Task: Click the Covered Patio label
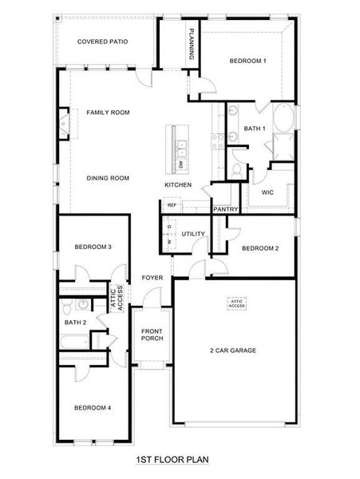point(103,42)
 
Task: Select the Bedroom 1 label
point(247,61)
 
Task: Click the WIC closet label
point(267,192)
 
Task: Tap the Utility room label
point(193,234)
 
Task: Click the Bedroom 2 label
point(259,248)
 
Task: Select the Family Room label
point(108,113)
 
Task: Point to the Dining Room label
point(108,178)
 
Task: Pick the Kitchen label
point(178,185)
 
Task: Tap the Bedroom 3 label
point(93,247)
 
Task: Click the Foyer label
point(152,278)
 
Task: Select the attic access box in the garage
point(237,303)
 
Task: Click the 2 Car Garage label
point(233,350)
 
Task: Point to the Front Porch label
point(152,335)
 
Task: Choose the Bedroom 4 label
point(93,408)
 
